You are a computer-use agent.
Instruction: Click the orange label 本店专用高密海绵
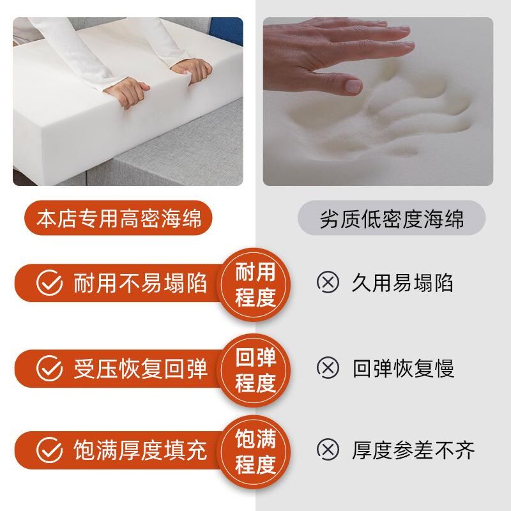(119, 218)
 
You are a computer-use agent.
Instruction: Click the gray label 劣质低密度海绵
(392, 218)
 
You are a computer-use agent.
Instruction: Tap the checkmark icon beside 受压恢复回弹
(49, 368)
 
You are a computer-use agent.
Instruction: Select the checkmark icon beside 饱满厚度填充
(49, 450)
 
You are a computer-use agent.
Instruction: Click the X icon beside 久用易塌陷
(328, 282)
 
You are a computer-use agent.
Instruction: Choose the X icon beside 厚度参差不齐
(328, 450)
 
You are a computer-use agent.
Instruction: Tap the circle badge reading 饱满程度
(256, 452)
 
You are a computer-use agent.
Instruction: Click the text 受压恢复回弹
(141, 368)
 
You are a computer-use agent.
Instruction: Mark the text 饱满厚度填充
(141, 450)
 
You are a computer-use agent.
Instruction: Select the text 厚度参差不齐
(413, 450)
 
